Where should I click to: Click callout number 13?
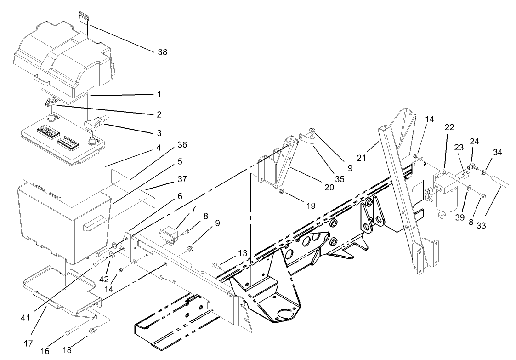[x=243, y=253]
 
